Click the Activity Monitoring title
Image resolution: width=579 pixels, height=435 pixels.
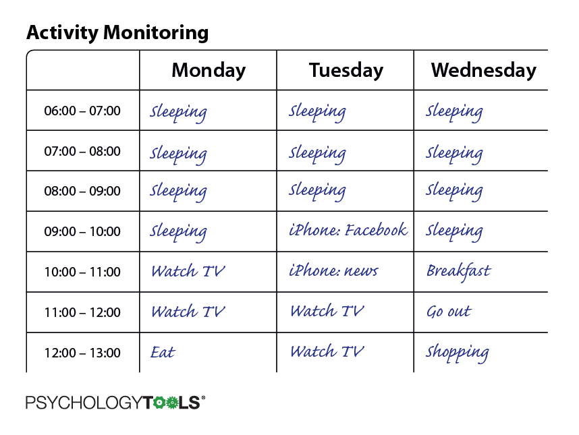click(117, 33)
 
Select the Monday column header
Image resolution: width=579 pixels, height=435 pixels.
click(209, 70)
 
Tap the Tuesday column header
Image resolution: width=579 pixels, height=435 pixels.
click(346, 70)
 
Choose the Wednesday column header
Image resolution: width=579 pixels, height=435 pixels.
click(483, 70)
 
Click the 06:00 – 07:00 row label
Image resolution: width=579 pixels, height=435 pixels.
click(82, 111)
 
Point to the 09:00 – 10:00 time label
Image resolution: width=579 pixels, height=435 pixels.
click(82, 232)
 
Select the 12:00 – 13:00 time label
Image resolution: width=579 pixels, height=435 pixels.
click(82, 353)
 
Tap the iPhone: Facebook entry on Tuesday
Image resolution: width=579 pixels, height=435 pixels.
click(348, 230)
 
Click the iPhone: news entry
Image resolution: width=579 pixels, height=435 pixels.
click(333, 270)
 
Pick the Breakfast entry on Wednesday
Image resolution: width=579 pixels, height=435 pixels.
click(459, 272)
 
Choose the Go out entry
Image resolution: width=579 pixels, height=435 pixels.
click(449, 312)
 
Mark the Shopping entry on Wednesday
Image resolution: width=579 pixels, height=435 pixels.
click(457, 353)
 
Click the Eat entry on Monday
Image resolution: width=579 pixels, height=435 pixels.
click(163, 352)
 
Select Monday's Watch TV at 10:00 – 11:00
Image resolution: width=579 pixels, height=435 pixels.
click(188, 272)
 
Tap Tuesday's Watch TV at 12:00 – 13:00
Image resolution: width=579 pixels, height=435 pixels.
click(327, 351)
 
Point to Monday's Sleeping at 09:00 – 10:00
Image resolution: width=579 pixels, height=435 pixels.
click(178, 233)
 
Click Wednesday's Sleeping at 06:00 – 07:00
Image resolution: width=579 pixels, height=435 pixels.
click(454, 111)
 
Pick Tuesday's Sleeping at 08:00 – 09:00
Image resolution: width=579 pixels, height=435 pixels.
click(317, 191)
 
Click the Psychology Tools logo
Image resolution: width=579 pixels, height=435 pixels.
click(115, 403)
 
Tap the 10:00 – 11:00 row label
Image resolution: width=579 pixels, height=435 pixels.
click(82, 272)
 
